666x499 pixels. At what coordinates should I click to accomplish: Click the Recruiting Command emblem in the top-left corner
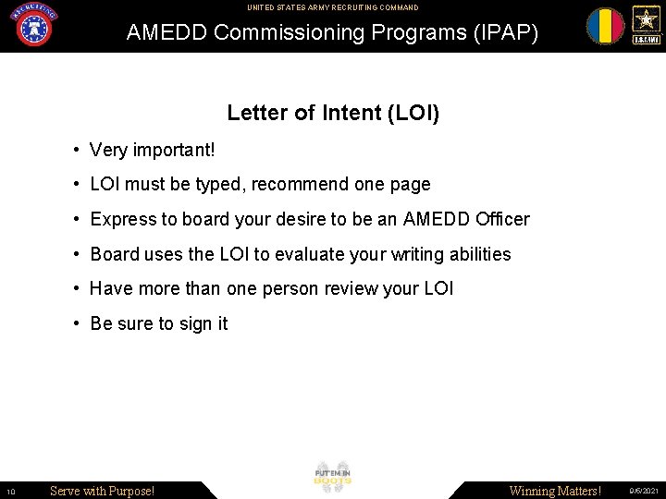point(32,25)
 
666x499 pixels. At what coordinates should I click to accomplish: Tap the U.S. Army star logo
point(646,25)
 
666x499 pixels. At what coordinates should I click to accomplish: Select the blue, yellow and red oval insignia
point(605,26)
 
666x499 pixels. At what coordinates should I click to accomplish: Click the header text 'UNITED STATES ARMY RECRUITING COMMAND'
point(332,7)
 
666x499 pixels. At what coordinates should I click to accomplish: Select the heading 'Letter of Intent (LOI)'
point(333,114)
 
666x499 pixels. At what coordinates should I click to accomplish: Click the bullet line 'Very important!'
point(152,150)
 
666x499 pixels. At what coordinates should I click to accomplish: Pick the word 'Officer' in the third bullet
point(502,220)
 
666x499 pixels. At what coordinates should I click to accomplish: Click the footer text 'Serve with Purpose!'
point(102,491)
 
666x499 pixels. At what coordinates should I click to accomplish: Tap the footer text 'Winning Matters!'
point(555,491)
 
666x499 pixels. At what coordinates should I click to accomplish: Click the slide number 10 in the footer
point(9,492)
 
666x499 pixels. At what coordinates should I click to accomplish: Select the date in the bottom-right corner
point(644,492)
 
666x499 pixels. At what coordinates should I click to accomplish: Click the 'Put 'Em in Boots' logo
point(333,477)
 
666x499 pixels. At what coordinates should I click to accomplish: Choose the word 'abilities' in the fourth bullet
point(476,254)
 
